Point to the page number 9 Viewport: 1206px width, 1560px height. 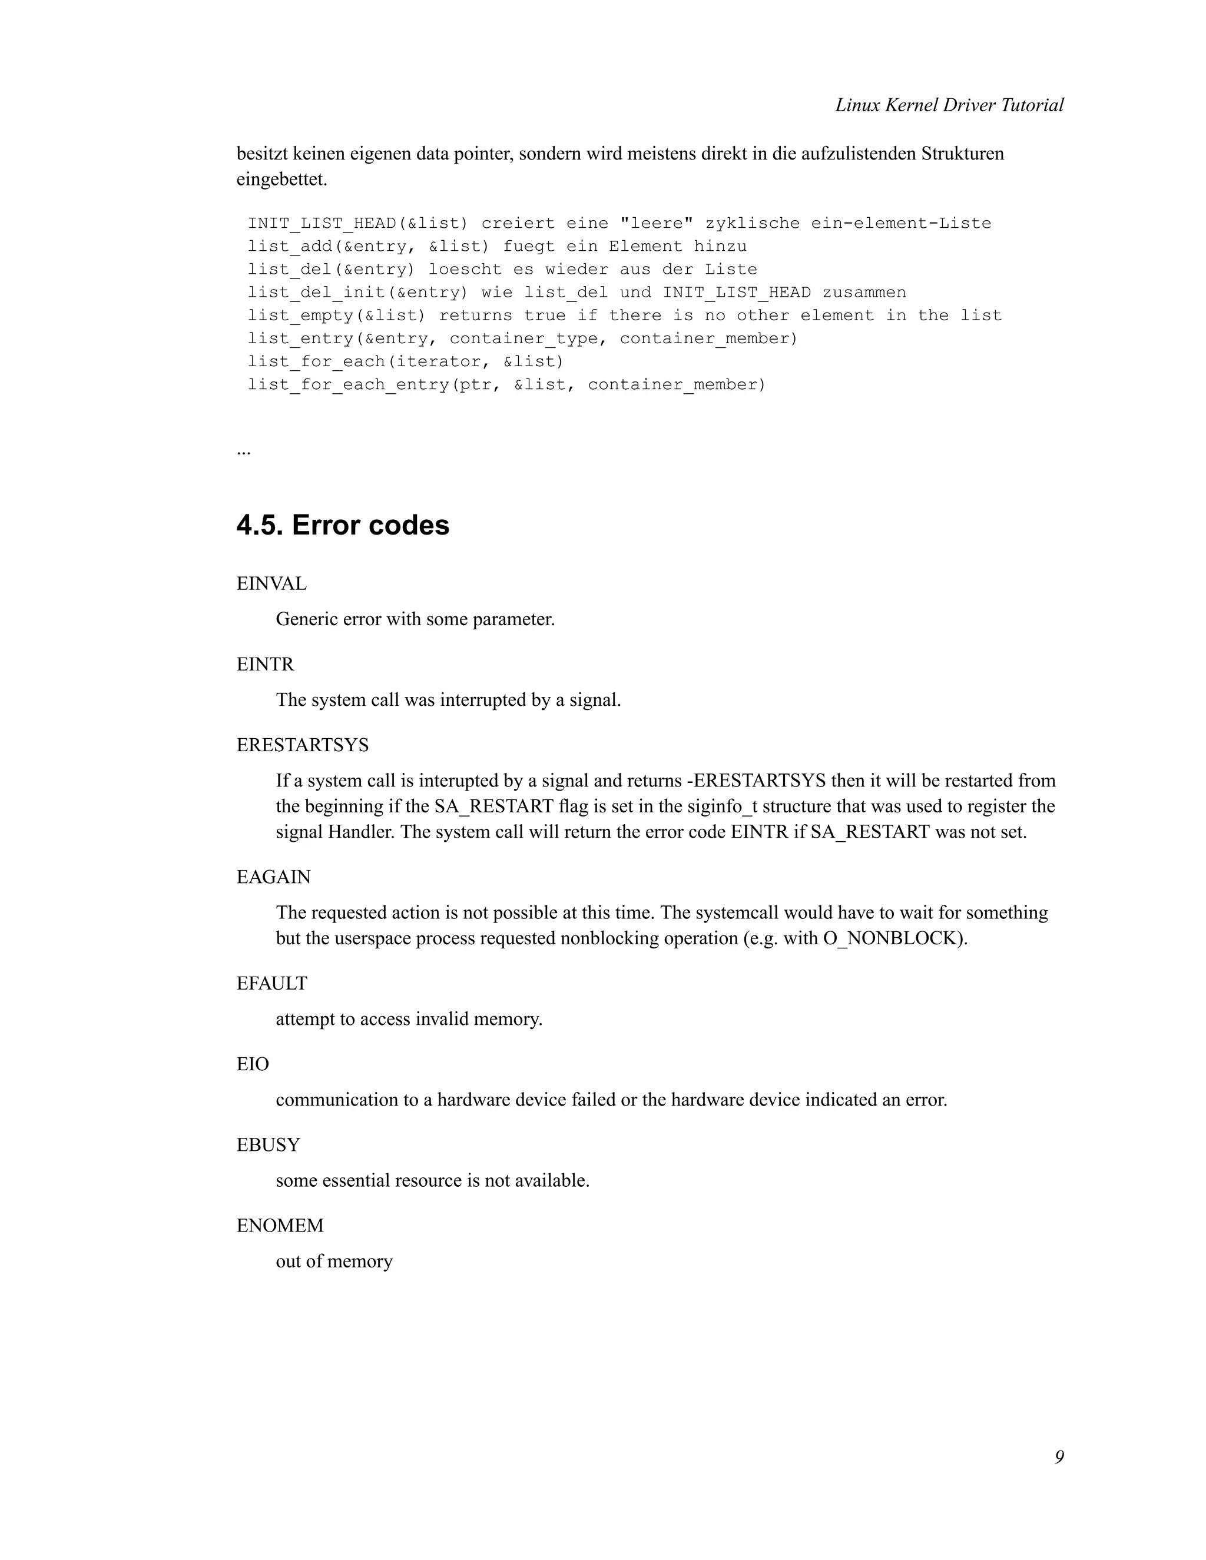pyautogui.click(x=1058, y=1456)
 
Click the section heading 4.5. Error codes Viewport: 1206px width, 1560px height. pyautogui.click(x=343, y=525)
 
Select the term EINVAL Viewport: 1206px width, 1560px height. pyautogui.click(x=271, y=583)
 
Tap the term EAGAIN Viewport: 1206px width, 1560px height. pyautogui.click(x=274, y=877)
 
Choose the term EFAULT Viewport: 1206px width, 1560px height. pyautogui.click(x=271, y=983)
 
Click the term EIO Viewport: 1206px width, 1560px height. pyautogui.click(x=253, y=1064)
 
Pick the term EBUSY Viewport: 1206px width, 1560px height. pyautogui.click(x=268, y=1144)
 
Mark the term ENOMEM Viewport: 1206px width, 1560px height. pyautogui.click(x=280, y=1225)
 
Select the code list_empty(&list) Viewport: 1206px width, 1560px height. pyautogui.click(x=336, y=316)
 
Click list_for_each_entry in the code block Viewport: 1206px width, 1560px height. pyautogui.click(x=348, y=385)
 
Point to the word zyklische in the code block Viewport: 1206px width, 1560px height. pyautogui.click(x=751, y=224)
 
